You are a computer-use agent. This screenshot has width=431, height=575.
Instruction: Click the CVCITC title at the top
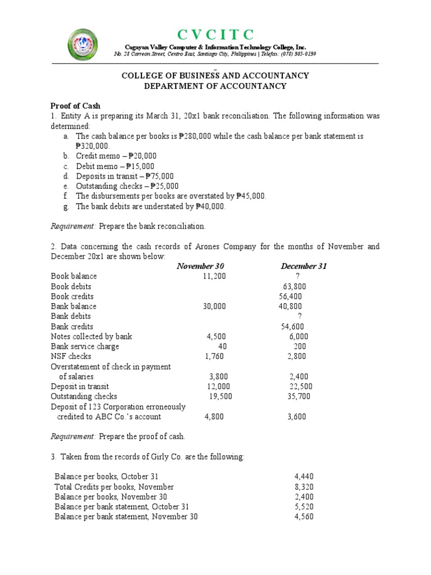pos(215,34)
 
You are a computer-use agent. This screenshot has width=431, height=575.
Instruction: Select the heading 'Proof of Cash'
pos(75,106)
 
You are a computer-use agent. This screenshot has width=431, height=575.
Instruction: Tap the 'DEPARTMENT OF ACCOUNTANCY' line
pos(215,86)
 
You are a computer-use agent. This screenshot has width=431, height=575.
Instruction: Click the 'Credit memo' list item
pos(116,156)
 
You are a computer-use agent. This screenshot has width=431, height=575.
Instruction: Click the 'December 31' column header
pos(304,266)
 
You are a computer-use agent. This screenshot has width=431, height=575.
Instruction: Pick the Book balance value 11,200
pos(215,276)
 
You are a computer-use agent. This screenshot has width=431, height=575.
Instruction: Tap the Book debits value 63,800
pos(295,286)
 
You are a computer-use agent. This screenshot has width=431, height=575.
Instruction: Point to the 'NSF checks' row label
pos(71,357)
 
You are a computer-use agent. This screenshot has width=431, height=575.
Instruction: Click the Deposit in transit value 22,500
pos(301,387)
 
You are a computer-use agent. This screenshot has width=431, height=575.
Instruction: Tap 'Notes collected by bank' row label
pos(91,336)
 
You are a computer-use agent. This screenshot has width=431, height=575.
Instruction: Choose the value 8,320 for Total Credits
pos(306,487)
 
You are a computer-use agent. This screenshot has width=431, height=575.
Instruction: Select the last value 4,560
pos(306,517)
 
